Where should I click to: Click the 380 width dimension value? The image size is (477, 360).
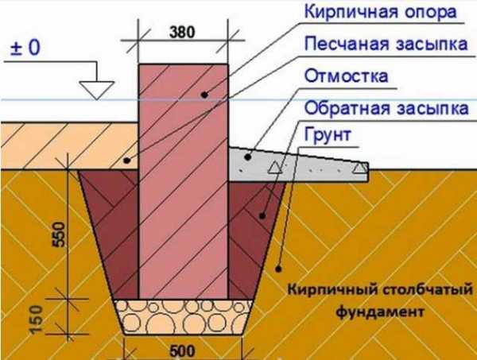click(182, 33)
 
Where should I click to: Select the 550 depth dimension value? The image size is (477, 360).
click(59, 234)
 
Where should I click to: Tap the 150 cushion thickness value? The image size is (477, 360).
click(37, 319)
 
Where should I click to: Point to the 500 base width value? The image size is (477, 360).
click(182, 351)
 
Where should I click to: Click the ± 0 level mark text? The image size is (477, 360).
click(25, 48)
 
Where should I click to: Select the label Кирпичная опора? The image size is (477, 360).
click(381, 13)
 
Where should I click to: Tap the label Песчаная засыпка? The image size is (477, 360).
click(386, 44)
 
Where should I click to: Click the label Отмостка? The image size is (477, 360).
click(346, 76)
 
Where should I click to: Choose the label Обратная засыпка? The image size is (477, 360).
click(386, 108)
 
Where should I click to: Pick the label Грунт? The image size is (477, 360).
click(328, 134)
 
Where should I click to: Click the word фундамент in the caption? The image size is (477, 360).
click(380, 312)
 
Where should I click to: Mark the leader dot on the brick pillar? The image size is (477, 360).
click(205, 95)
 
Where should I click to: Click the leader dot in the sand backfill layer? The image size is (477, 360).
click(127, 161)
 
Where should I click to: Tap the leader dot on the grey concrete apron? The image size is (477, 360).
click(248, 157)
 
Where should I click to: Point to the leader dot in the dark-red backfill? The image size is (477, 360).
click(262, 216)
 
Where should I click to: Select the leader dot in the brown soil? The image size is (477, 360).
click(278, 269)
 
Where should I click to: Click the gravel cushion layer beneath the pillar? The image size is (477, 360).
click(184, 317)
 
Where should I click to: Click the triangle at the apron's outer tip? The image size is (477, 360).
click(360, 168)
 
